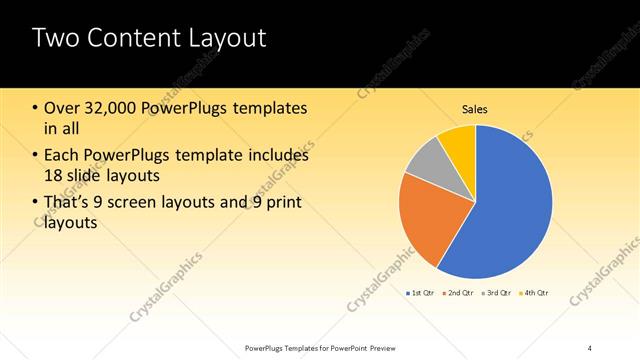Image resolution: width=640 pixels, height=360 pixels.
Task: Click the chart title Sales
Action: point(474,109)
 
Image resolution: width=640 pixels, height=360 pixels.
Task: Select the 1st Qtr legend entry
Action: point(419,293)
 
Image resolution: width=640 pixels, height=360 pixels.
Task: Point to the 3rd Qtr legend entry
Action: point(498,293)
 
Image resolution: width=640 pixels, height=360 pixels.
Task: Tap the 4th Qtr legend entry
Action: point(536,293)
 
